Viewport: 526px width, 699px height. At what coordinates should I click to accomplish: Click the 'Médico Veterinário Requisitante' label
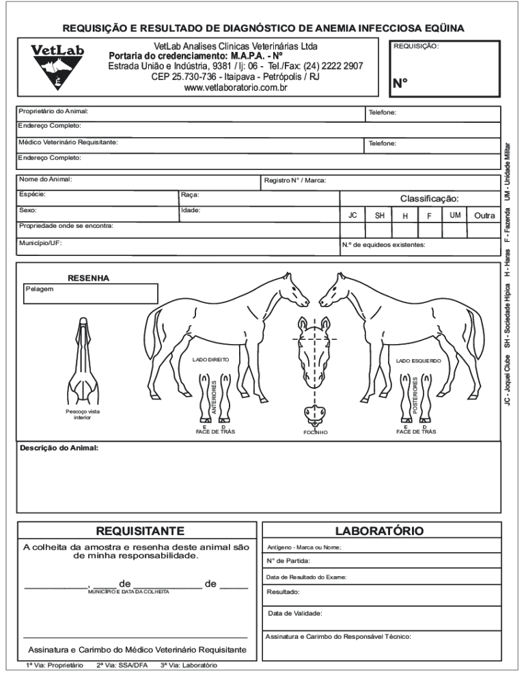(x=68, y=142)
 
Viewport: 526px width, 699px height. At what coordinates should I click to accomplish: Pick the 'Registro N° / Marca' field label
(x=295, y=180)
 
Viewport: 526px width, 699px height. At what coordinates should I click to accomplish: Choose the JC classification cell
(x=352, y=215)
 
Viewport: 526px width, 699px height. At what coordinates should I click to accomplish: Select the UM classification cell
(x=455, y=215)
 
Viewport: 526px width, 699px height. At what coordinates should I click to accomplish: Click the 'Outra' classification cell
(x=484, y=215)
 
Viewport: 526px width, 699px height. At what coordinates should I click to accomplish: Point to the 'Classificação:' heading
(x=429, y=199)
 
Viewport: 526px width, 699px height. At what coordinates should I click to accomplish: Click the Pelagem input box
(x=90, y=294)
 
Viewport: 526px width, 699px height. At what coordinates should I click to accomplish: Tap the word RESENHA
(x=88, y=278)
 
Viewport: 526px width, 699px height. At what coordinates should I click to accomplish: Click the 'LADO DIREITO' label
(x=210, y=359)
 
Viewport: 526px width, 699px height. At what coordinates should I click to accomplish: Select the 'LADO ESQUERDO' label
(x=419, y=360)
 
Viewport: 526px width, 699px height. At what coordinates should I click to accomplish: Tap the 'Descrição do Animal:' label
(x=59, y=448)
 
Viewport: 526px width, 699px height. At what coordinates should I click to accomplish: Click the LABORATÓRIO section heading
(x=379, y=530)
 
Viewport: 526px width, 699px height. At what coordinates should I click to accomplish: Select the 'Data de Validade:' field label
(x=295, y=613)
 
